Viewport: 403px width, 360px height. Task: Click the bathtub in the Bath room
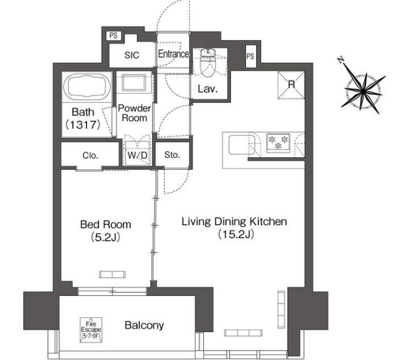[87, 87]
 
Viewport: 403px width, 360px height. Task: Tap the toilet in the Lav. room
[208, 63]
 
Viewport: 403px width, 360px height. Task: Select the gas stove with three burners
[278, 143]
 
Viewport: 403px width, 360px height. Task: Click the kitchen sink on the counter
[242, 145]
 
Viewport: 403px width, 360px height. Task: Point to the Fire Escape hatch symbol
[91, 330]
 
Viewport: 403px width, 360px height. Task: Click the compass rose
[363, 91]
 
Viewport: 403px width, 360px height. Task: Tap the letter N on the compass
[341, 60]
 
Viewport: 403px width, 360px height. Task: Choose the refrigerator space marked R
[291, 85]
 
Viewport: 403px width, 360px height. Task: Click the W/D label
[137, 155]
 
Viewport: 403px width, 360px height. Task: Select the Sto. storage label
[172, 155]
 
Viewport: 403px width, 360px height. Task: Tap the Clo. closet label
[91, 155]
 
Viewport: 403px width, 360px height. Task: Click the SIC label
[132, 55]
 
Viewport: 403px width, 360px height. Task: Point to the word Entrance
[173, 54]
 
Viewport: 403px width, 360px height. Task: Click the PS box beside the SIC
[114, 36]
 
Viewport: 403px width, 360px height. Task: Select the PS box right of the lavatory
[251, 56]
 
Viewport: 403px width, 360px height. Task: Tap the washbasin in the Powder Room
[134, 82]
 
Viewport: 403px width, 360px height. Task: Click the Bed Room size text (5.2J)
[105, 237]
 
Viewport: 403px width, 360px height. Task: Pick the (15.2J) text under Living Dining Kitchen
[236, 234]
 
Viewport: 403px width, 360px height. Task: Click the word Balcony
[144, 325]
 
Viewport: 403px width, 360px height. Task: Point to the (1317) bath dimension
[82, 125]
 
